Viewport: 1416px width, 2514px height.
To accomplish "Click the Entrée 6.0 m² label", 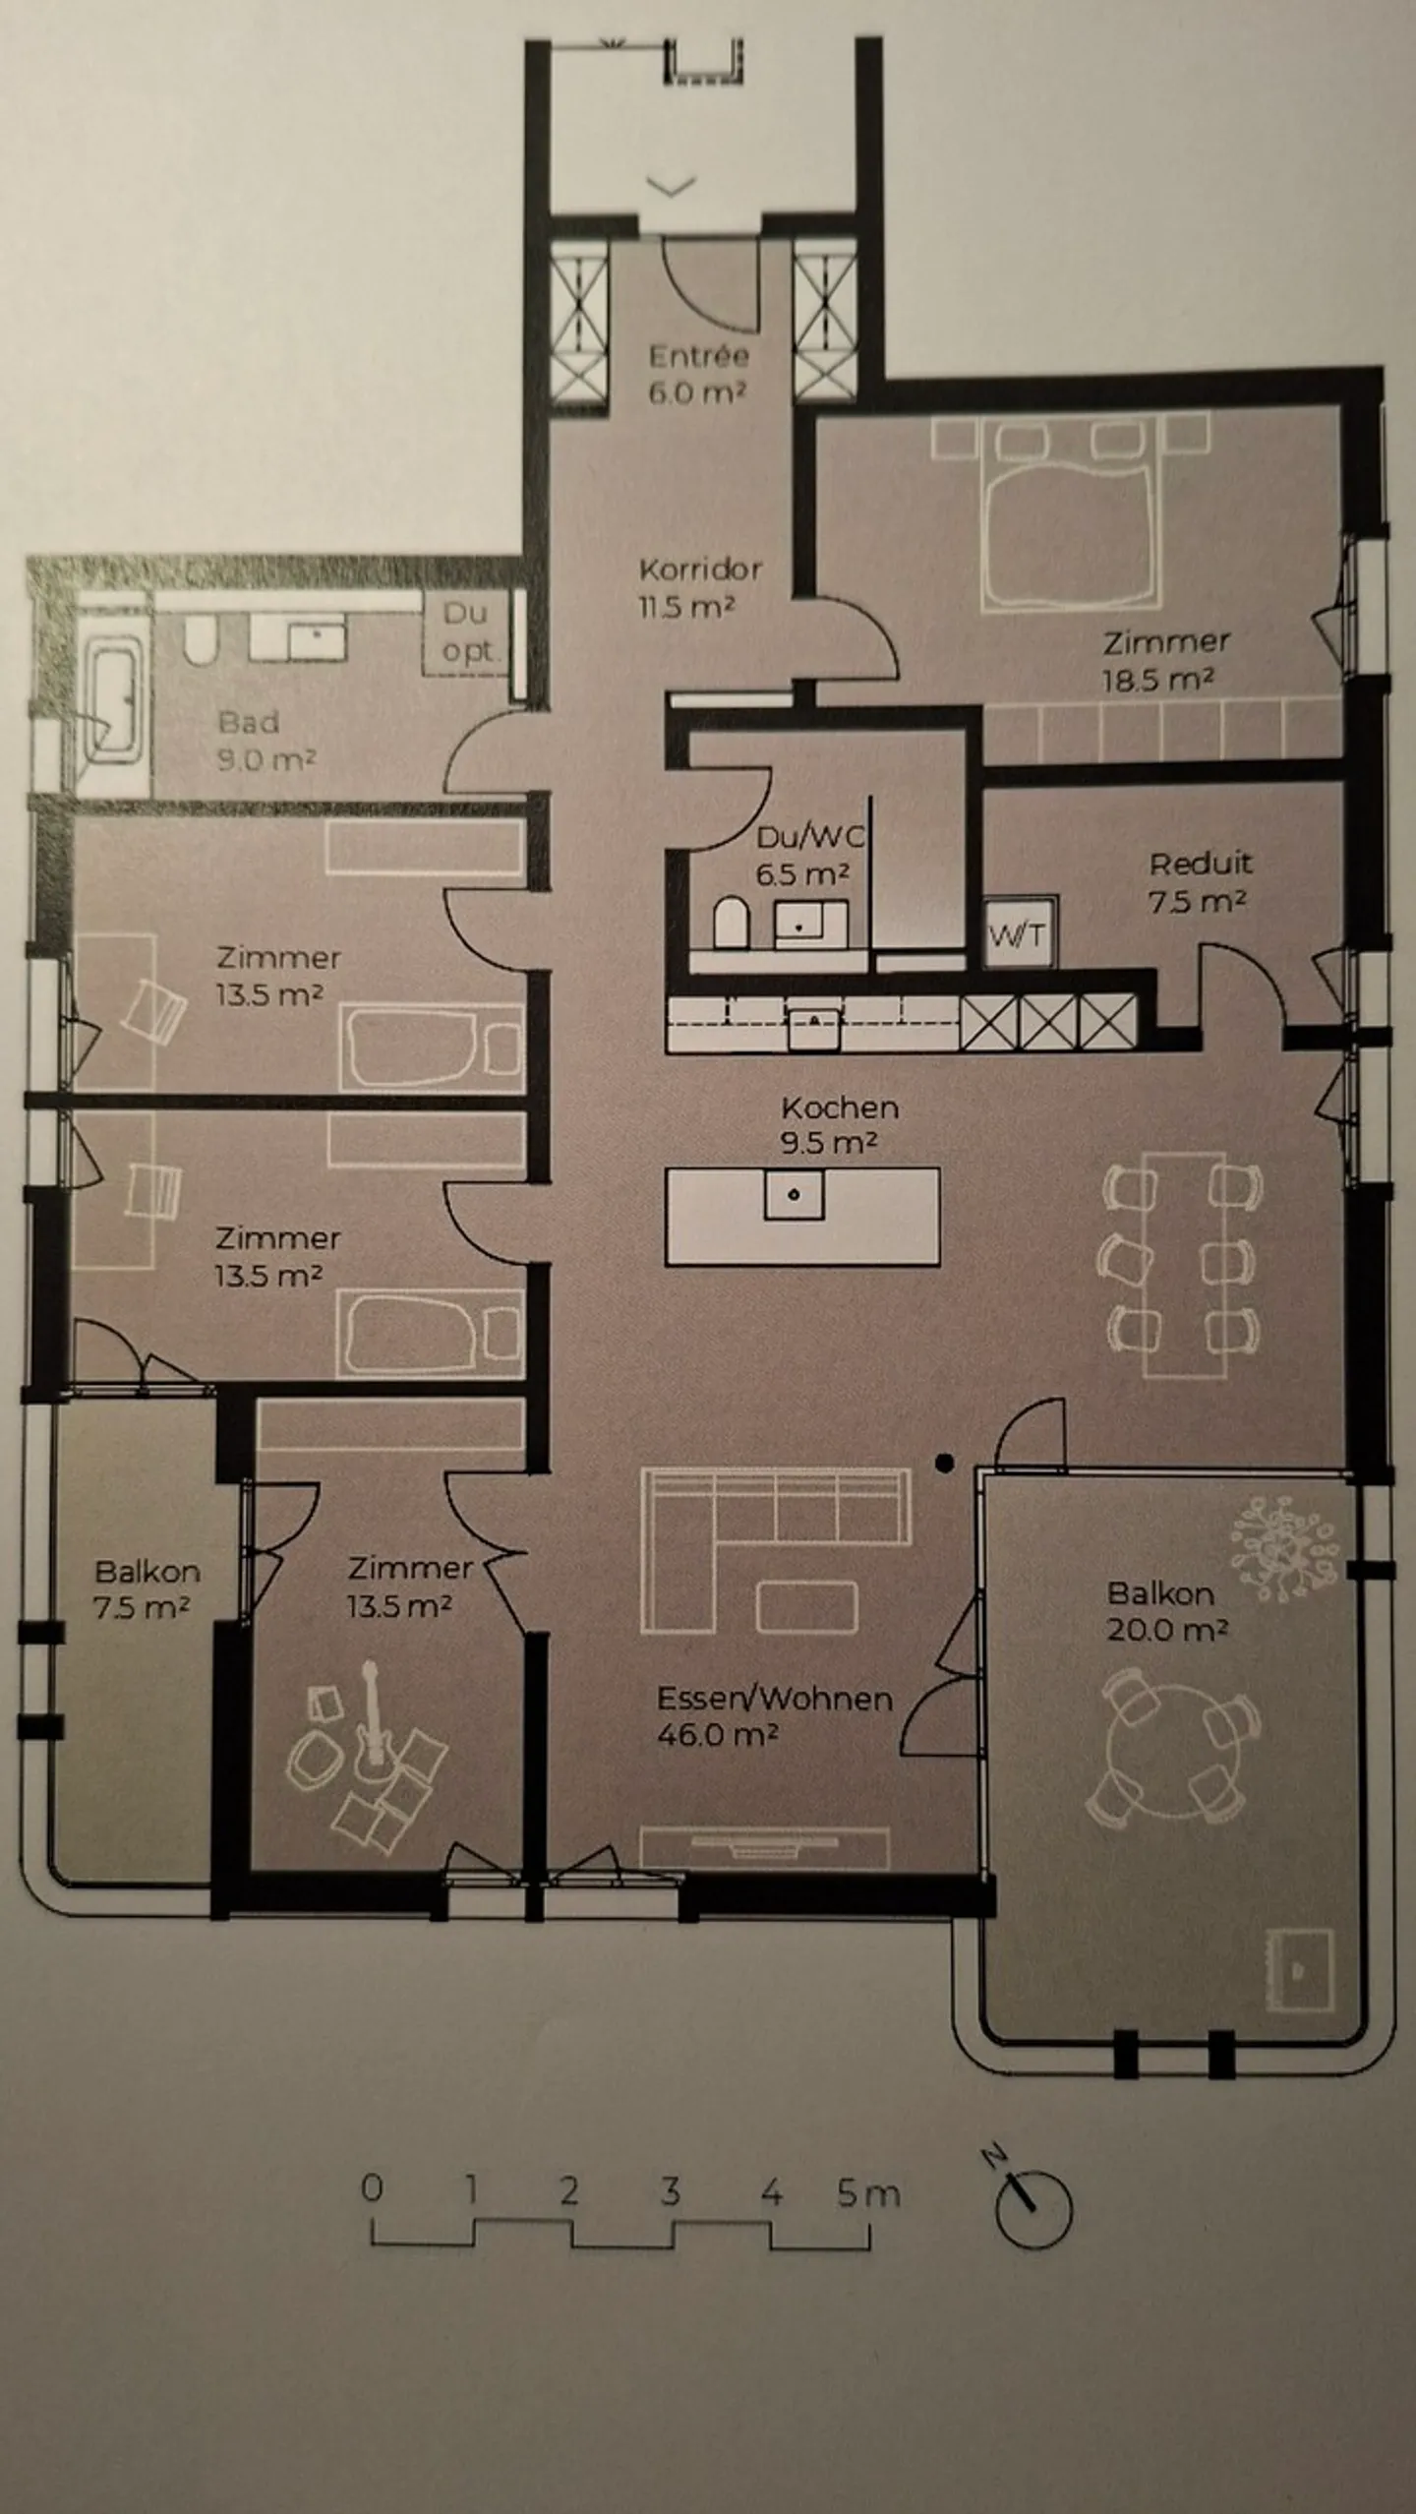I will coord(697,374).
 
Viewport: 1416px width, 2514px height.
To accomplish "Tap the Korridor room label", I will coord(699,587).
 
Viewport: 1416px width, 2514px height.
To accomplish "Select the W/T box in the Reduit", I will coord(1021,934).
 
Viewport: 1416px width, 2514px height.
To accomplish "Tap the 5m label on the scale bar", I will coord(867,2192).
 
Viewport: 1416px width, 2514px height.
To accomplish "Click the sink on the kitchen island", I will coord(795,1195).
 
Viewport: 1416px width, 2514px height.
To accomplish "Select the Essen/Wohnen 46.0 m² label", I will coord(774,1715).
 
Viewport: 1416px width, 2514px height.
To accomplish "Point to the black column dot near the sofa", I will coord(945,1464).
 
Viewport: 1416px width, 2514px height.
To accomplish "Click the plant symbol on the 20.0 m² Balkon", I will coord(1284,1546).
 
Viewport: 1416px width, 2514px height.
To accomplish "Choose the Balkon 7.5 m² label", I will coord(147,1588).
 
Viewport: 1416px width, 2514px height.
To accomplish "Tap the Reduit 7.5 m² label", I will coord(1200,881).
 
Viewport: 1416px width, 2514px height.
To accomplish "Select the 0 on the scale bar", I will coord(372,2189).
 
